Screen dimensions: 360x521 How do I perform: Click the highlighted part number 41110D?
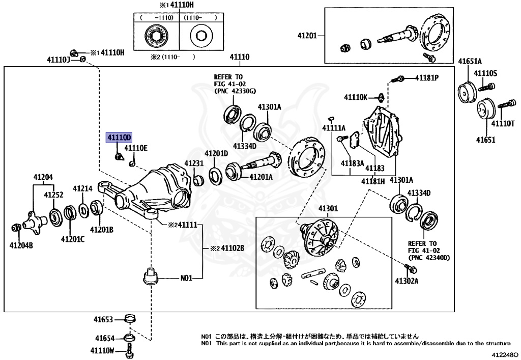point(119,137)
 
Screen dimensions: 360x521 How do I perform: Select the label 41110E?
point(136,148)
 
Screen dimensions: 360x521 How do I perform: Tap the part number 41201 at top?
point(307,36)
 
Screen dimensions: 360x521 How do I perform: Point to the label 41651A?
point(471,61)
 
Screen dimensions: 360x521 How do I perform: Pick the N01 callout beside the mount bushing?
point(187,279)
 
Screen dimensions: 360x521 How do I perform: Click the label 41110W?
point(103,350)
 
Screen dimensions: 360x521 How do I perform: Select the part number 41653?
point(103,320)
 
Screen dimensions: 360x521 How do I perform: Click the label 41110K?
point(355,97)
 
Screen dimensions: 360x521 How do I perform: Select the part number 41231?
point(193,163)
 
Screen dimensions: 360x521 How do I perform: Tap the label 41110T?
point(502,124)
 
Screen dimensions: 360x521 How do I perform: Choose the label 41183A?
point(352,163)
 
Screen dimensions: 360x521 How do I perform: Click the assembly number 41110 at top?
point(239,57)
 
